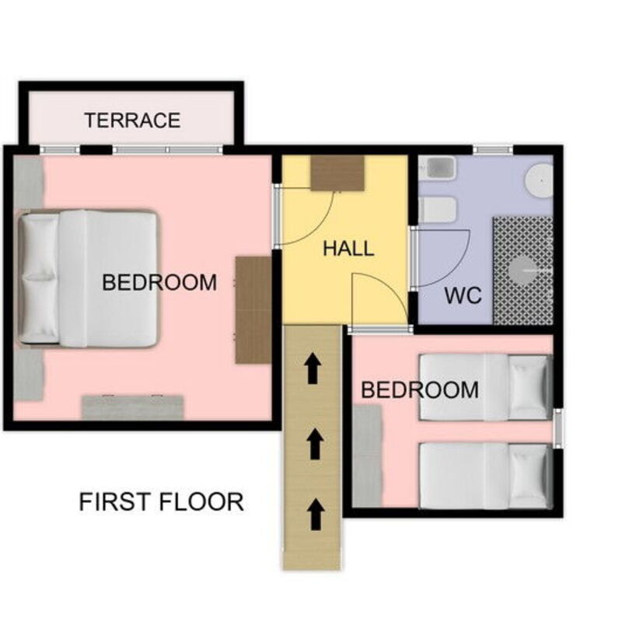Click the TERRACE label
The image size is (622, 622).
132,121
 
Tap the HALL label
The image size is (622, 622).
348,249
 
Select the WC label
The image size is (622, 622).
463,295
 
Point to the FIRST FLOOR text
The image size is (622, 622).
162,501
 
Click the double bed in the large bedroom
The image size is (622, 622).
89,278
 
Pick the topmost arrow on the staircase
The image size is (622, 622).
313,369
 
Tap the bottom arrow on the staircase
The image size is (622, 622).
316,514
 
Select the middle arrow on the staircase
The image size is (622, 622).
315,443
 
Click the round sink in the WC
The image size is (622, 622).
539,180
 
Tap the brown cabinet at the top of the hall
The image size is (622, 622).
337,173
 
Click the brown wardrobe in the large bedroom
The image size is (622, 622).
254,309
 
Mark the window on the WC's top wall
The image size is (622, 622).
494,150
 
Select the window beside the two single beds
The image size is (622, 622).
558,428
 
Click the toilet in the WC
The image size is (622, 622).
438,210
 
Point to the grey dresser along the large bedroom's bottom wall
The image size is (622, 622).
133,407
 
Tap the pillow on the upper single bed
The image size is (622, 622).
529,387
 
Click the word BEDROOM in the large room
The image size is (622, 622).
159,282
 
